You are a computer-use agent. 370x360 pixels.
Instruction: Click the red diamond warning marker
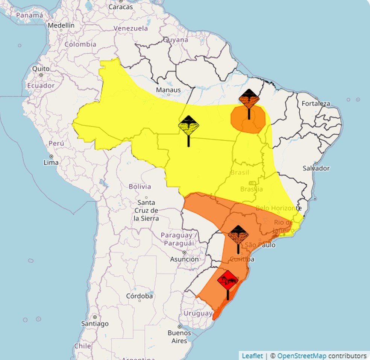(x=227, y=280)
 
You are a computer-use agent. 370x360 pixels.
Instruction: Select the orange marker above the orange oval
(x=249, y=99)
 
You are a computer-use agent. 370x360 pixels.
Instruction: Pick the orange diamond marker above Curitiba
(x=238, y=235)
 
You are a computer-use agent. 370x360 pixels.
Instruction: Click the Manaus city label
(x=168, y=90)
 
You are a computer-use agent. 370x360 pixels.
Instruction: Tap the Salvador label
(x=316, y=168)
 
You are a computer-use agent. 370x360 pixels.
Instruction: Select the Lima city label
(x=51, y=163)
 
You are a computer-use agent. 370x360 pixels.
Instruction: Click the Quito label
(x=40, y=69)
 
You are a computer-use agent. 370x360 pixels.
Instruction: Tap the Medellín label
(x=61, y=25)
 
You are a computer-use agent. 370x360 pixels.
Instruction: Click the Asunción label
(x=184, y=259)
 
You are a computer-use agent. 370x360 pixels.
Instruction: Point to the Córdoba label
(x=140, y=296)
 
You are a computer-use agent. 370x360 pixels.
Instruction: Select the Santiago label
(x=95, y=323)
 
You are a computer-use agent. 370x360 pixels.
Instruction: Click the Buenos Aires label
(x=179, y=337)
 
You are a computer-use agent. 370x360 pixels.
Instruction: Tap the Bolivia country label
(x=140, y=186)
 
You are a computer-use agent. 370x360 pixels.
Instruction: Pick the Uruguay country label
(x=198, y=313)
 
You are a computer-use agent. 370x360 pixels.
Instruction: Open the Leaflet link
(x=252, y=355)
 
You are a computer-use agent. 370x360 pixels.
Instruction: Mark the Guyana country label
(x=176, y=40)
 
